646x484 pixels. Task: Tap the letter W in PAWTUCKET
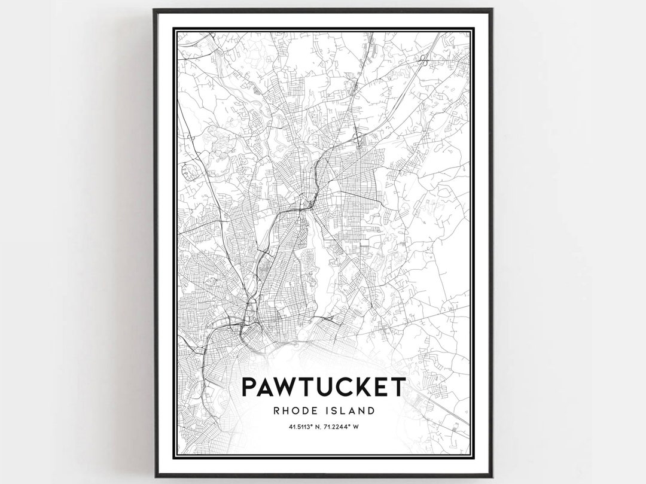(290, 386)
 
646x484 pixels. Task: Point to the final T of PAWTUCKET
(398, 386)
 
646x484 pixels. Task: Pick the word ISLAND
(354, 411)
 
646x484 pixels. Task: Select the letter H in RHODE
(285, 411)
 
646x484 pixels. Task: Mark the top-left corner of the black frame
(154, 10)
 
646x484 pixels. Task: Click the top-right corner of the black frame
(492, 10)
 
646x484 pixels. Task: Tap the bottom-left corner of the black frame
(154, 476)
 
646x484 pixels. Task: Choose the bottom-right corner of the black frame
(492, 476)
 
